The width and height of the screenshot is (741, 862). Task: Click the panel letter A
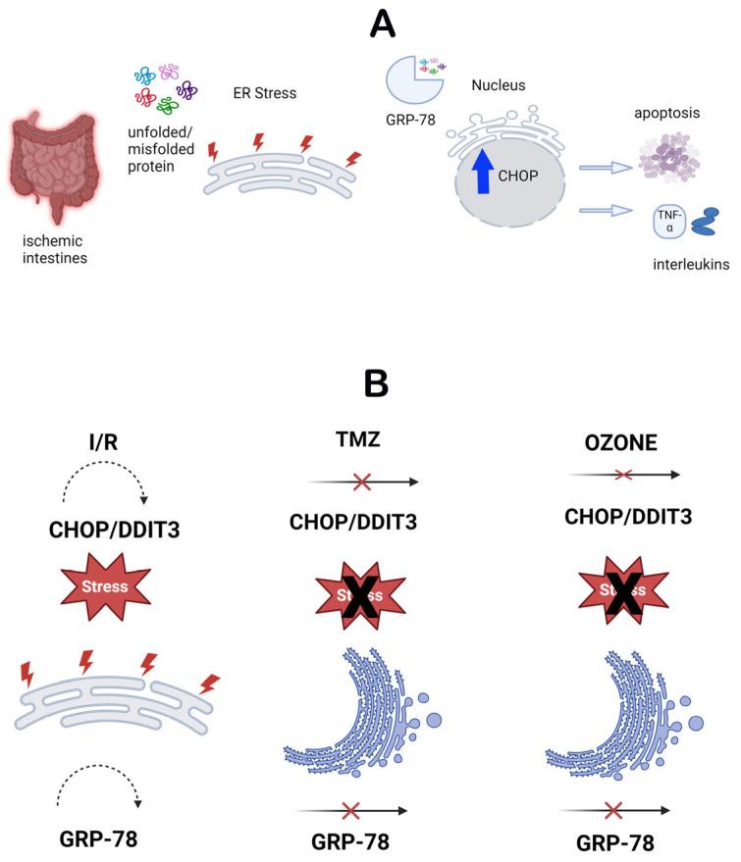tap(383, 22)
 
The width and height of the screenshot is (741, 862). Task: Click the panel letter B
tap(377, 383)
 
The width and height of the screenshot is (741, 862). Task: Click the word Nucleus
tap(498, 86)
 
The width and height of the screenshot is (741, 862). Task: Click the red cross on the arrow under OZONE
tap(621, 475)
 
